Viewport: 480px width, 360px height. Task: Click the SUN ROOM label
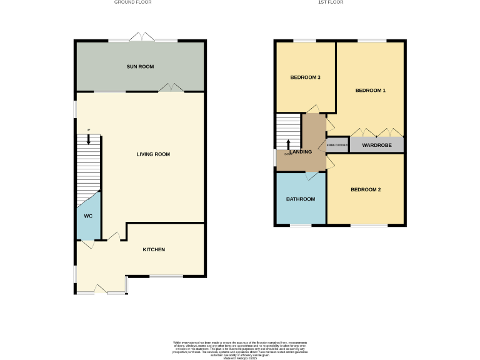click(x=140, y=66)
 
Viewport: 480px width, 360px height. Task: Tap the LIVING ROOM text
click(x=153, y=154)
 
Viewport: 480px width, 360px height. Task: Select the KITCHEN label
click(x=154, y=249)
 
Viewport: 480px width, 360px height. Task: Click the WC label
click(x=88, y=216)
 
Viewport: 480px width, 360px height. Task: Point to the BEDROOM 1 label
click(x=371, y=91)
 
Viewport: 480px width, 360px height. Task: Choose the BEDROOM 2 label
click(x=366, y=189)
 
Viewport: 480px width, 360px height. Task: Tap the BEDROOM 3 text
click(x=306, y=77)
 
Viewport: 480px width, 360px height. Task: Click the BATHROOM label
click(x=301, y=199)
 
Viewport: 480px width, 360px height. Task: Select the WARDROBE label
click(x=376, y=145)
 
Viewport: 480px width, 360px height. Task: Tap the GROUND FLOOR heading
click(x=132, y=2)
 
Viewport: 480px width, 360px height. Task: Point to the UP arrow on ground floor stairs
click(x=89, y=139)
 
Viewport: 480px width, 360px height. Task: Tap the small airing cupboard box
click(x=337, y=145)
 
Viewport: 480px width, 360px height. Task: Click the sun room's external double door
click(x=143, y=37)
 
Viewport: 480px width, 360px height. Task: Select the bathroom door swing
click(x=311, y=176)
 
